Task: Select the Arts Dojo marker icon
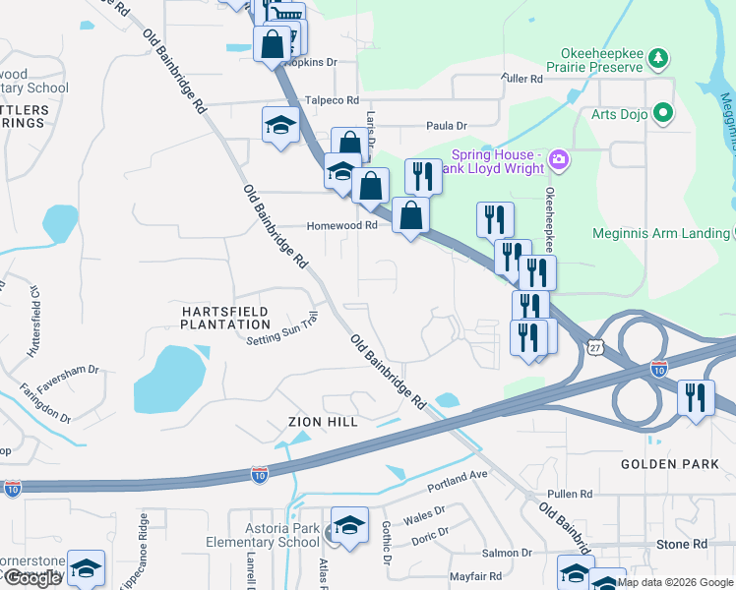pyautogui.click(x=662, y=113)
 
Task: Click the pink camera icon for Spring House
pyautogui.click(x=559, y=157)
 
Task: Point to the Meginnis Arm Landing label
pyautogui.click(x=660, y=234)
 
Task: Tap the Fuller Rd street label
pyautogui.click(x=521, y=79)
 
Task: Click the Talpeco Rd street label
pyautogui.click(x=332, y=100)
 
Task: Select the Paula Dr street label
pyautogui.click(x=446, y=125)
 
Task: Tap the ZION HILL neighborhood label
pyautogui.click(x=322, y=421)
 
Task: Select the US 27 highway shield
pyautogui.click(x=594, y=348)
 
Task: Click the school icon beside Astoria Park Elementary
pyautogui.click(x=349, y=525)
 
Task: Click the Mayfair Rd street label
pyautogui.click(x=475, y=576)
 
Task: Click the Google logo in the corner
pyautogui.click(x=32, y=578)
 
